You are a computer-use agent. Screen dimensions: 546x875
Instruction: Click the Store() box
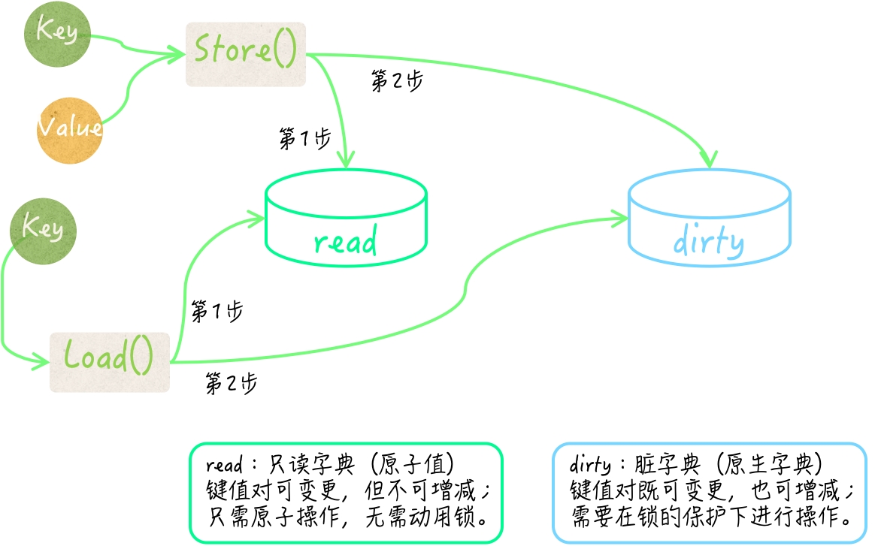point(246,53)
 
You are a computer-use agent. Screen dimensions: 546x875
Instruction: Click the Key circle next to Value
point(58,33)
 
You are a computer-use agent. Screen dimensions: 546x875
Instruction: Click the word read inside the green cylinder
point(345,242)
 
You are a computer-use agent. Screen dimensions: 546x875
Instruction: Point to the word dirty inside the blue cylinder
point(708,242)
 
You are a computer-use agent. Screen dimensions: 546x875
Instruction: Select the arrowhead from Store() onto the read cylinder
point(345,161)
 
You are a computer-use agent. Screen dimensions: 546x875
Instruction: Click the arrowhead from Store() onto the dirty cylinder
point(709,160)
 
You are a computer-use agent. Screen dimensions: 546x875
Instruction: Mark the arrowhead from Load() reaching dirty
point(621,219)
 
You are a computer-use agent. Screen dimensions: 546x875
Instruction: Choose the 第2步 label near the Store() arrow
point(397,80)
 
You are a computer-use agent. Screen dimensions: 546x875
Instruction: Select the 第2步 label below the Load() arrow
point(232,384)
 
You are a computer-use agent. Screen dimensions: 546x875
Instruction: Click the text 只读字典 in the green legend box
point(305,466)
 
